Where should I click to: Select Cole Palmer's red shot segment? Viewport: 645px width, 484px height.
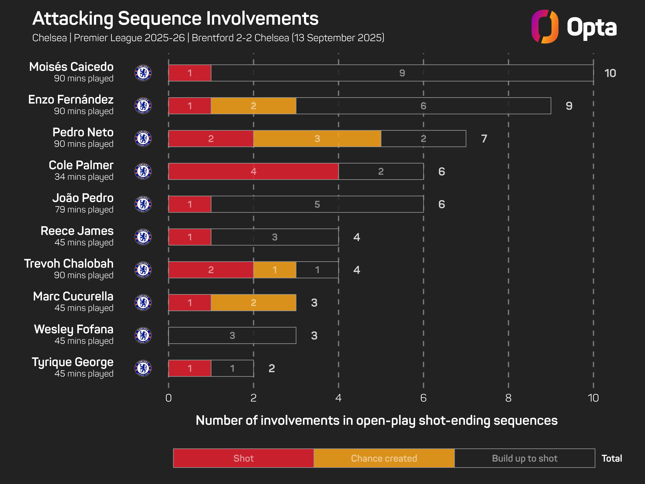pyautogui.click(x=253, y=171)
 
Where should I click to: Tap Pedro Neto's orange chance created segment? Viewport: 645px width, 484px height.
pyautogui.click(x=317, y=139)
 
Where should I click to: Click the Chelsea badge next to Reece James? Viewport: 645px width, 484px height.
pyautogui.click(x=143, y=237)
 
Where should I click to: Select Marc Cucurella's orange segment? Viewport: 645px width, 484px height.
pyautogui.click(x=253, y=302)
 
